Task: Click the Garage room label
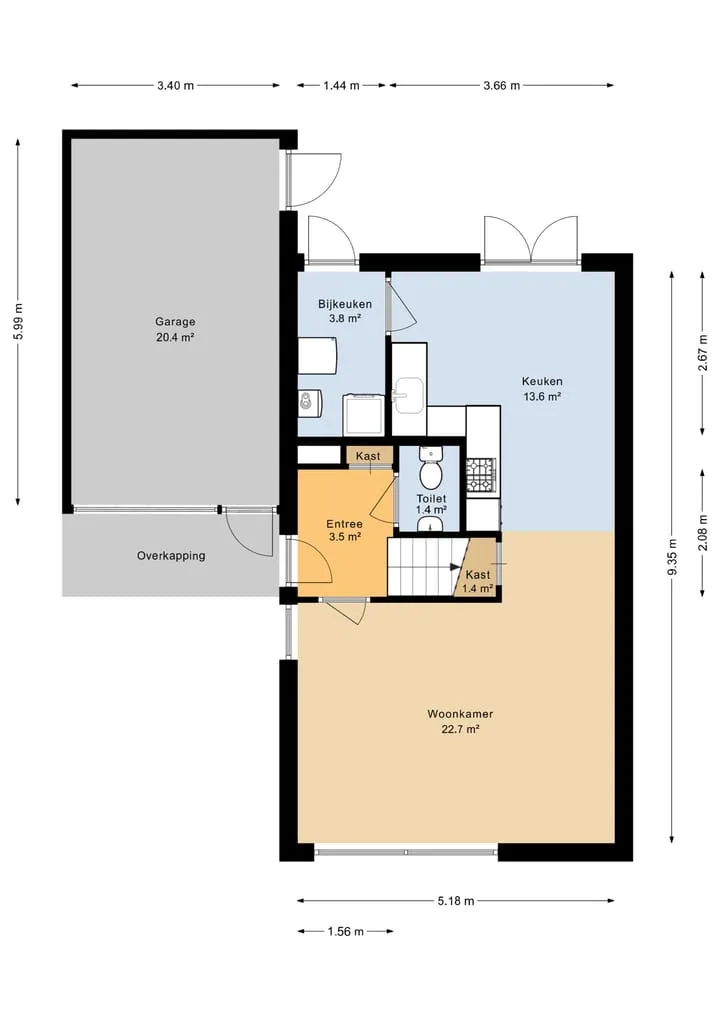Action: coord(175,321)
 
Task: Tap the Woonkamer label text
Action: coord(460,714)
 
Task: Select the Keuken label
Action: coord(542,381)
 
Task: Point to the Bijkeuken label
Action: coord(345,304)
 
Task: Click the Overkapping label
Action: coord(171,556)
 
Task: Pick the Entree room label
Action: coord(344,524)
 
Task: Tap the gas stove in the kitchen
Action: coord(481,474)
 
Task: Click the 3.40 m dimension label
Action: coord(175,86)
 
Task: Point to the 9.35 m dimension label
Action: coord(673,556)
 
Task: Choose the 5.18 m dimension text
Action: coord(455,901)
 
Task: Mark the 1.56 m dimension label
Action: coord(346,932)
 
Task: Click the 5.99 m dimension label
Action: coord(18,322)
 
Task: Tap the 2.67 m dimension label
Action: coord(703,353)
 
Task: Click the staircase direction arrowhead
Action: coord(454,567)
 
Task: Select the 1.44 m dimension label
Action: coord(341,86)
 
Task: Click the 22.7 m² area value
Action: coord(460,730)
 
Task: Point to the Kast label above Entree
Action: coord(368,456)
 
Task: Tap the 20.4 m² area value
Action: coord(175,337)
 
